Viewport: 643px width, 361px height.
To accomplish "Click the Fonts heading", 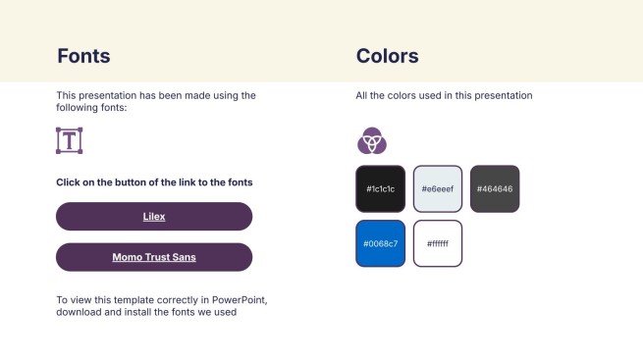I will click(83, 56).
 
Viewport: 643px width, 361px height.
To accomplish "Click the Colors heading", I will click(387, 56).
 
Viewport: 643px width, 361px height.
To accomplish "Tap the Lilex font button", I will click(154, 216).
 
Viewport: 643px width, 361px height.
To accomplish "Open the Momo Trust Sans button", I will click(154, 257).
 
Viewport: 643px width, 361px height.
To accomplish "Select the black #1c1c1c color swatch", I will click(380, 188).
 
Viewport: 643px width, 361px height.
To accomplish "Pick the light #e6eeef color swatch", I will click(437, 188).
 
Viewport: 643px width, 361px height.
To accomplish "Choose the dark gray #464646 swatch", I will click(495, 188).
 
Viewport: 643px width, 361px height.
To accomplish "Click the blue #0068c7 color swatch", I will click(380, 243).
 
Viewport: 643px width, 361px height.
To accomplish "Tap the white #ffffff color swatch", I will click(437, 243).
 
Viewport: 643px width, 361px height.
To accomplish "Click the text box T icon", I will click(69, 140).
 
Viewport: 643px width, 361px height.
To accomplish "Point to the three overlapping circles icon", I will click(371, 141).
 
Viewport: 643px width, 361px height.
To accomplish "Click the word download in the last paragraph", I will click(80, 313).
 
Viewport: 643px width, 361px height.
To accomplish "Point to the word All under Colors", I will click(362, 96).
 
